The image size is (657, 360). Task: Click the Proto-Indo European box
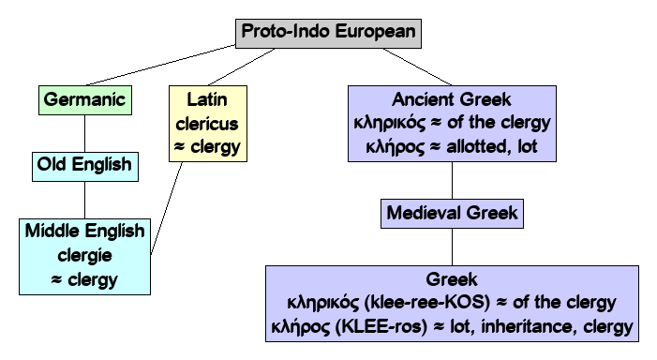[x=327, y=31]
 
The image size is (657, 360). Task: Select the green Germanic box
[x=84, y=97]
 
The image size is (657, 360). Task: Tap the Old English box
[x=84, y=166]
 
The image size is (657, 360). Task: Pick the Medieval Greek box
[x=452, y=213]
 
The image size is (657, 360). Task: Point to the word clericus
[x=204, y=123]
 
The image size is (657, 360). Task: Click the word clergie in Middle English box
[x=85, y=254]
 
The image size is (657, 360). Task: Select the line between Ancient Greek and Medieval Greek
[x=453, y=178]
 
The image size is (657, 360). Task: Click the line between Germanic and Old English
[x=84, y=132]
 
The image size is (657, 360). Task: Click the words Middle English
[x=85, y=232]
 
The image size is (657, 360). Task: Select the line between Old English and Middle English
[x=84, y=200]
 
